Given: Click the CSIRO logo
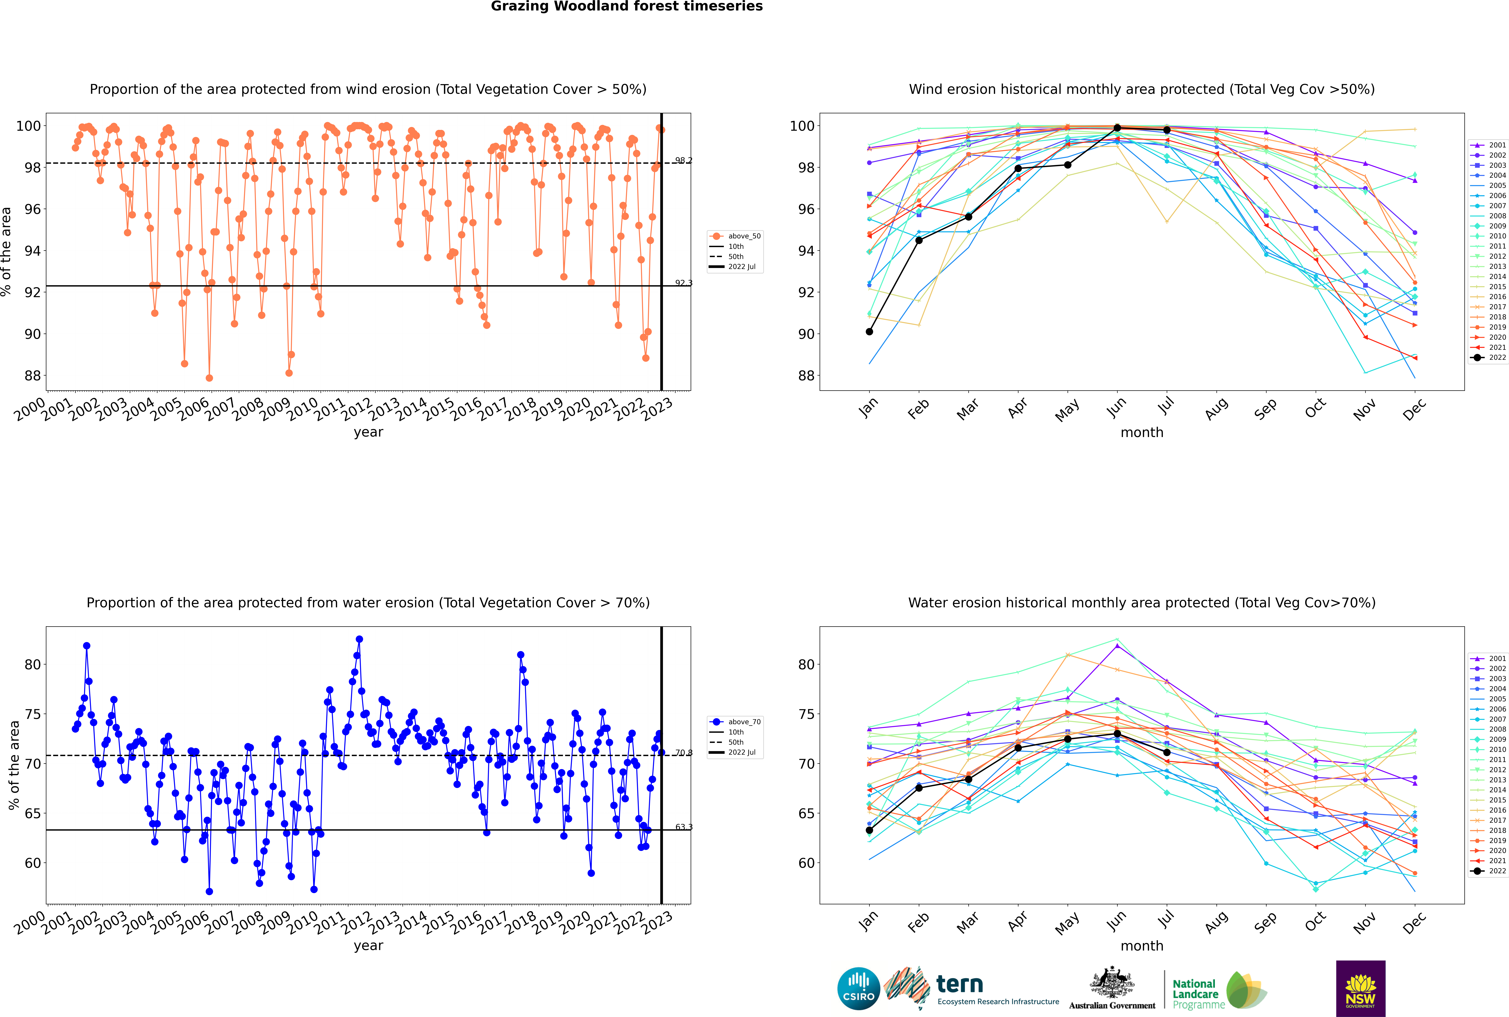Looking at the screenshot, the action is (858, 989).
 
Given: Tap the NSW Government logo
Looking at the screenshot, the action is (1360, 989).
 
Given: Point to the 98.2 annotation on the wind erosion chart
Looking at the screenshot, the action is (684, 160).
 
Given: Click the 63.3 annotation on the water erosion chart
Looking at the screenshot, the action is (684, 827).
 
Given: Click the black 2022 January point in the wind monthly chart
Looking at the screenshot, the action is (869, 331).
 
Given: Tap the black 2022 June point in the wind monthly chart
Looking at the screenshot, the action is (1117, 128).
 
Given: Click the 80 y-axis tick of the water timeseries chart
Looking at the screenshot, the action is (28, 665).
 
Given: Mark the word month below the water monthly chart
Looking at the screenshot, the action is (1142, 946).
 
